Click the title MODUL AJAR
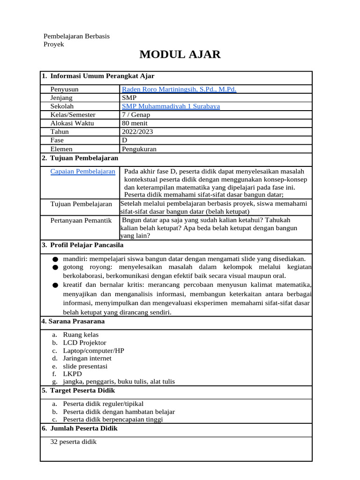[x=180, y=54]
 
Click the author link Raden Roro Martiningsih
[x=179, y=89]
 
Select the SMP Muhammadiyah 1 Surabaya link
[x=171, y=106]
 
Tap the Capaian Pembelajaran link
[x=82, y=172]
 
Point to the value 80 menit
[x=135, y=123]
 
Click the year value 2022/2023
[x=137, y=132]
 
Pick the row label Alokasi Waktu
[x=72, y=123]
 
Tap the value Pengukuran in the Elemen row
[x=139, y=149]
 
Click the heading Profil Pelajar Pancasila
[x=86, y=245]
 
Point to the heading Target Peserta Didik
[x=82, y=390]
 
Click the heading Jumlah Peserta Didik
[x=83, y=428]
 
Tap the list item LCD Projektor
[x=84, y=343]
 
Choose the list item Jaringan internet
[x=87, y=359]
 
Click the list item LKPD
[x=72, y=374]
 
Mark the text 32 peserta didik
[x=73, y=442]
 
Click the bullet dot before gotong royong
[x=55, y=267]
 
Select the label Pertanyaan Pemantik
[x=81, y=220]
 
